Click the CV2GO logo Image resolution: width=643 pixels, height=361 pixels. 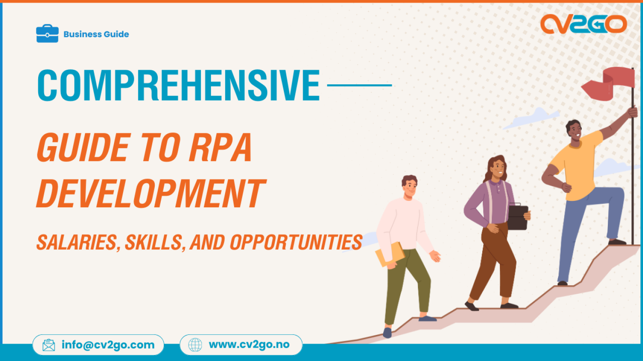583,24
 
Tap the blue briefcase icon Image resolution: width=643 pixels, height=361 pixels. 47,34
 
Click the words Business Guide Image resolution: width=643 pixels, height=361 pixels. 96,34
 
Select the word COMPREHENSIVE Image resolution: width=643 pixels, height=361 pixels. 178,86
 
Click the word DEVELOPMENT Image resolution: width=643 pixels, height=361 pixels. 151,194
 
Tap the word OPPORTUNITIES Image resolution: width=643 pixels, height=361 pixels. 296,242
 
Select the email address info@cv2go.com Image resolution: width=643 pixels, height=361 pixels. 108,345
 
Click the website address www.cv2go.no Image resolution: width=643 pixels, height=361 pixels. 249,345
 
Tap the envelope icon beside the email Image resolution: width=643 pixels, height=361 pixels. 49,345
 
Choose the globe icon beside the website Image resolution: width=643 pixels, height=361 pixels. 195,345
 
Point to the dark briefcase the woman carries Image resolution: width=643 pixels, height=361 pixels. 518,217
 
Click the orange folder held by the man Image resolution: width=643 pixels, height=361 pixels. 390,254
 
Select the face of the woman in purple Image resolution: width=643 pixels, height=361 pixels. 498,168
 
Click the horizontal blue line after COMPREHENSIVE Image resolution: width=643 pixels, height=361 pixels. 359,85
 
